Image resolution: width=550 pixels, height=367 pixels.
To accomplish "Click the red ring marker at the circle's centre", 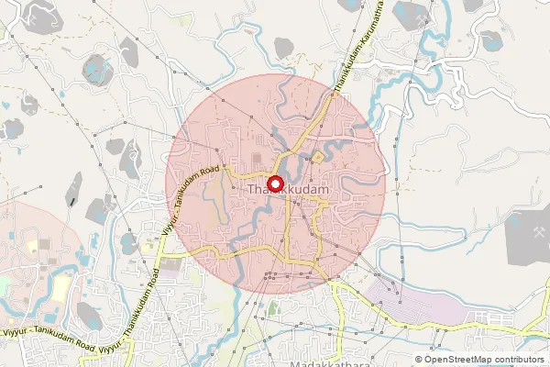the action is click(x=275, y=182).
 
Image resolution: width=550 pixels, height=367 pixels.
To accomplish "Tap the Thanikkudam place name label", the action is click(x=289, y=189).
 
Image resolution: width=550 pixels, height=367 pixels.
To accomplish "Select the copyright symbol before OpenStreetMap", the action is click(x=419, y=359).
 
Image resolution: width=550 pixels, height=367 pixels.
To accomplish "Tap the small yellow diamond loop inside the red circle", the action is click(x=318, y=158).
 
